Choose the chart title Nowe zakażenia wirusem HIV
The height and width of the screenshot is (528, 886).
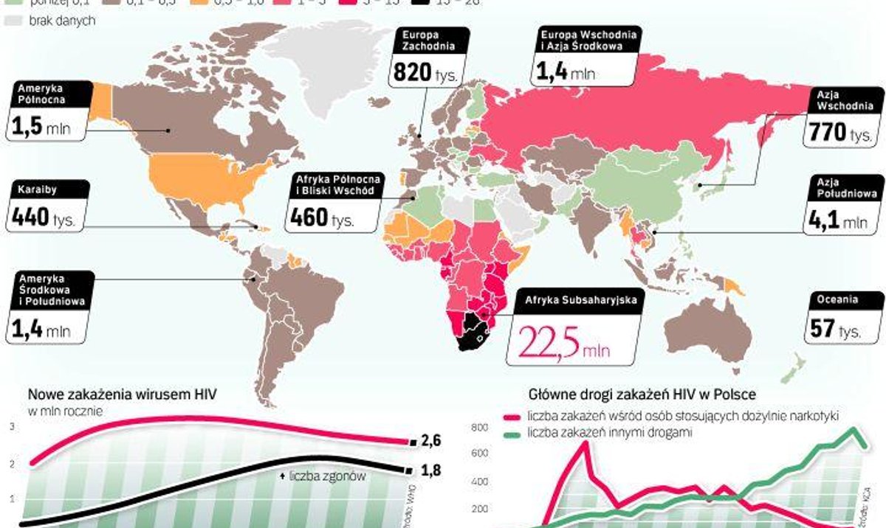pos(122,395)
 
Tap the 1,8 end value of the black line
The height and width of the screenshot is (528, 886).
pos(431,470)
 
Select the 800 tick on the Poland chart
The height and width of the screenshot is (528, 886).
pos(479,427)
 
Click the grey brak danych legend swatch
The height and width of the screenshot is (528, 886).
pos(14,21)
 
